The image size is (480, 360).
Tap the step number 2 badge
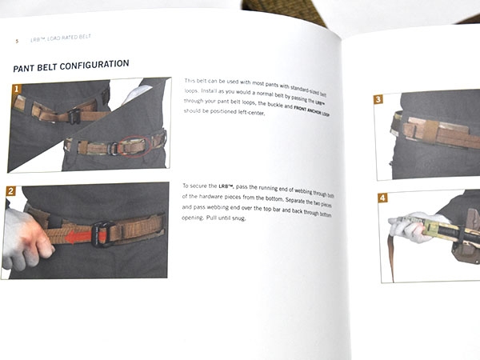point(11,191)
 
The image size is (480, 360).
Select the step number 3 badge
point(378,100)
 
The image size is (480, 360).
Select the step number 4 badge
point(382,198)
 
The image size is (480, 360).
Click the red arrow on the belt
point(75,236)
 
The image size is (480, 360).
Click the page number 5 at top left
point(16,40)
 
